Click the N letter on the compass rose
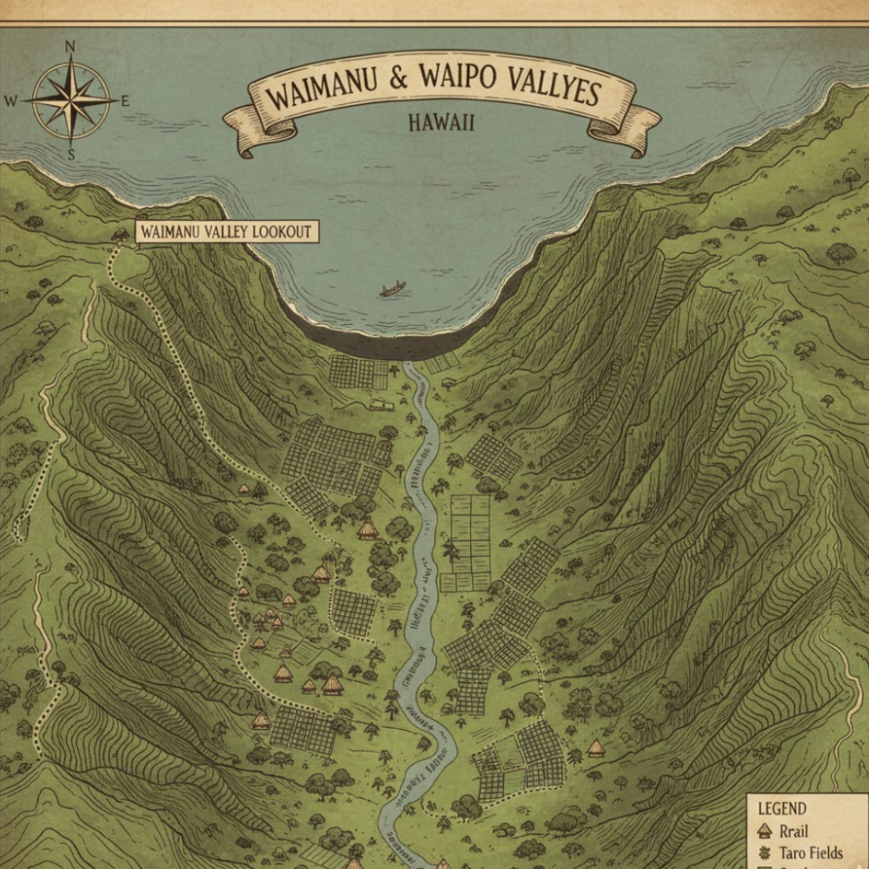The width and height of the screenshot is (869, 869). tap(70, 47)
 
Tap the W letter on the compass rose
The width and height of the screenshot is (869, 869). tap(11, 101)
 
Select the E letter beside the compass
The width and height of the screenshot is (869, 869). tap(124, 101)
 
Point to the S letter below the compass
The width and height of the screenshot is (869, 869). tap(71, 155)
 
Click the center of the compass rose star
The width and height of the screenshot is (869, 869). tap(70, 99)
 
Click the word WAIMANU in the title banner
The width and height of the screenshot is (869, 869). tap(321, 89)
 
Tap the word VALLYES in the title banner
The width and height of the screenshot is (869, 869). tap(543, 88)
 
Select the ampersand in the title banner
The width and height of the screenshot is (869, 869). tap(398, 80)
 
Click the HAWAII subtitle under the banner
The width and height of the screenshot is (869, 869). tap(441, 123)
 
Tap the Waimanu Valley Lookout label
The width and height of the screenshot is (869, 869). tap(225, 232)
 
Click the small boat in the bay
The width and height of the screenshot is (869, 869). tap(392, 289)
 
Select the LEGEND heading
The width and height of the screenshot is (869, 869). tap(781, 808)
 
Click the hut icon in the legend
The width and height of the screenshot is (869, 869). tap(765, 831)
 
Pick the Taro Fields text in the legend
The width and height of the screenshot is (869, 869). tap(811, 852)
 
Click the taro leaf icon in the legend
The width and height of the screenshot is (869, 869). tap(765, 852)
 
